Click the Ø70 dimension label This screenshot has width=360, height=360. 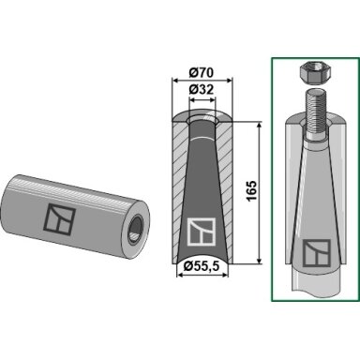[202, 72]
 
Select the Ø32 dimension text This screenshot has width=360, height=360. [202, 90]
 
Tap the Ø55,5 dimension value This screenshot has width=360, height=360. [202, 266]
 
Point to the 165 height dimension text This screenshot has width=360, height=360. [252, 191]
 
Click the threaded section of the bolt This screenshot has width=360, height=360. [315, 111]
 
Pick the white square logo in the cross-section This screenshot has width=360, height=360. [202, 232]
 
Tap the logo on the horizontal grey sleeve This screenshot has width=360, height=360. [60, 218]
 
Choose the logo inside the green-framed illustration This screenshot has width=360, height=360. [317, 253]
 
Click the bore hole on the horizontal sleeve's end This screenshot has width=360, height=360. [136, 229]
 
